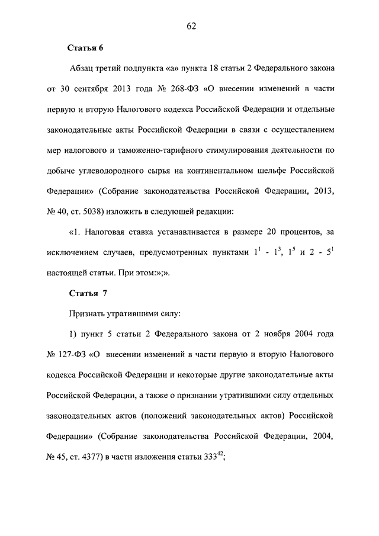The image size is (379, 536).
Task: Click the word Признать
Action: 87,313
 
